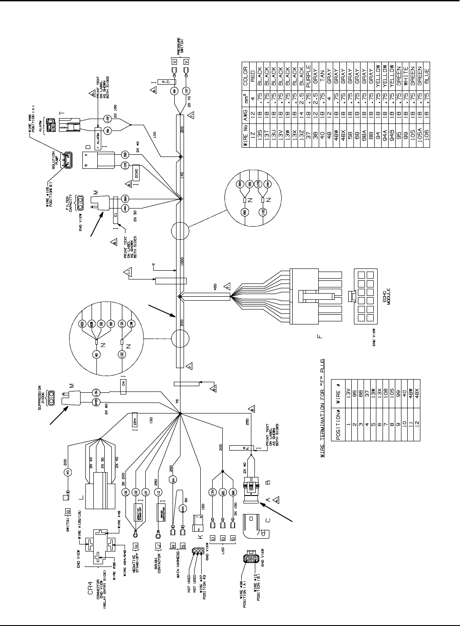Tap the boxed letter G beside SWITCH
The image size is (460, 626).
67,511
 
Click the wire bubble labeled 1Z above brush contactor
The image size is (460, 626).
159,492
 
